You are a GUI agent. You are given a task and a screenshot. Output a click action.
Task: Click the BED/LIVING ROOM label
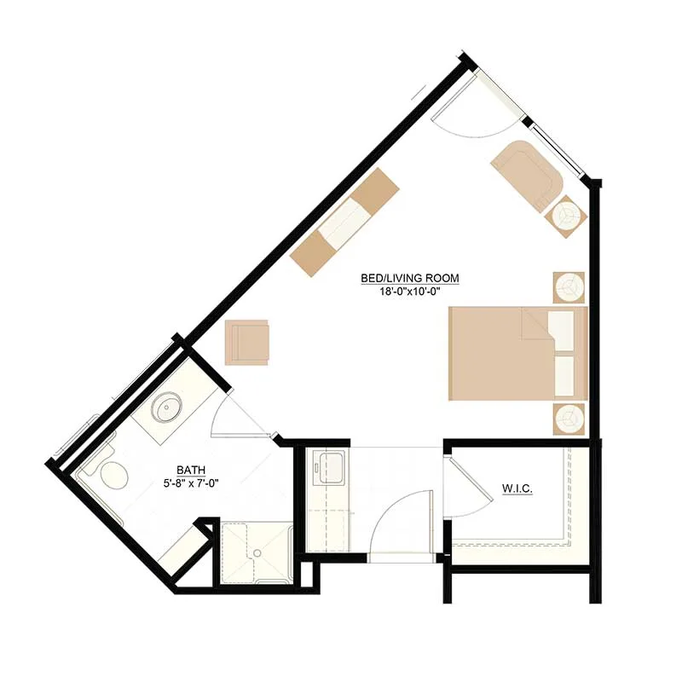[410, 278]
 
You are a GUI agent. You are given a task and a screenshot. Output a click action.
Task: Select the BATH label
[191, 470]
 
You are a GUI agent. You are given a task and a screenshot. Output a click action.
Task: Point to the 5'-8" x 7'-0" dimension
[191, 483]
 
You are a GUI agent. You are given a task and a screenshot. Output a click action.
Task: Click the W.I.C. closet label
[517, 488]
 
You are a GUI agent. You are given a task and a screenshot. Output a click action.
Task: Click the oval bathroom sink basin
[166, 407]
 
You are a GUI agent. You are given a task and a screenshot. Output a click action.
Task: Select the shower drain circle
[257, 553]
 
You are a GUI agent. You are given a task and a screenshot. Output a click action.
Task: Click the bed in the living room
[518, 353]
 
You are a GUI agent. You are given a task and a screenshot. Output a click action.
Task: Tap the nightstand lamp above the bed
[569, 287]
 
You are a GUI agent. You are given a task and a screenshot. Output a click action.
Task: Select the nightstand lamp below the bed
[569, 419]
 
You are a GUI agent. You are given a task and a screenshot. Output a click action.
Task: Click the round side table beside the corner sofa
[566, 217]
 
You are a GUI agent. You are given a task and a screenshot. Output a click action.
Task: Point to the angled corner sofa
[527, 175]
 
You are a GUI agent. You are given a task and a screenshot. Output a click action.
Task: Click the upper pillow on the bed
[562, 331]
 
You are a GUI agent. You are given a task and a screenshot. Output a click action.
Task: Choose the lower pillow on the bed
[564, 376]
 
